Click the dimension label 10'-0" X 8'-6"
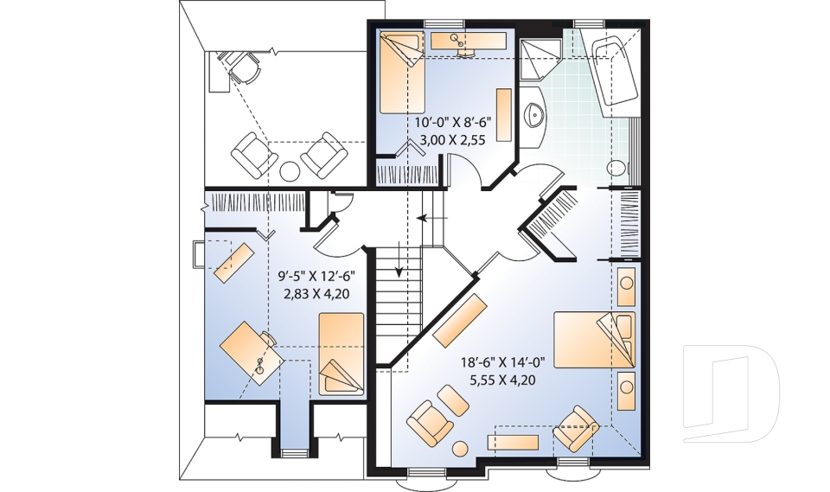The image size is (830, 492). tap(453, 123)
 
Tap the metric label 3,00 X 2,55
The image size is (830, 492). tap(452, 139)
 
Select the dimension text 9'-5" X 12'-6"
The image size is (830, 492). tap(316, 276)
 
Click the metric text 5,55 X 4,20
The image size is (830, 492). tap(502, 380)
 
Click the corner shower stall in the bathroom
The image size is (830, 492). tap(539, 58)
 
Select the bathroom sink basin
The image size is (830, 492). tap(533, 114)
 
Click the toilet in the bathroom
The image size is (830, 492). tap(616, 169)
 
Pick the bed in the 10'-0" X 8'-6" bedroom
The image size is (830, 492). tap(402, 71)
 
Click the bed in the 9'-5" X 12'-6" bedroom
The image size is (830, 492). tap(341, 354)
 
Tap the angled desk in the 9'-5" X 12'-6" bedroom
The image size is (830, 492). tap(252, 353)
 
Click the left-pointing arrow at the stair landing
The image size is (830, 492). tap(432, 217)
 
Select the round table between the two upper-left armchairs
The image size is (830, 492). tap(290, 170)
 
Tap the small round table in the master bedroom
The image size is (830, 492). tap(460, 448)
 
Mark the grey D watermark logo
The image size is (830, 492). tap(731, 393)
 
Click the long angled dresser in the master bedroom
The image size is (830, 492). tap(460, 320)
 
